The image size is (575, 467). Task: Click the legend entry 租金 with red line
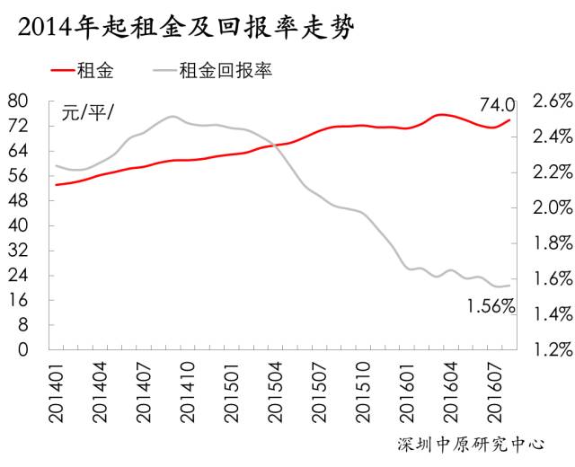click(93, 69)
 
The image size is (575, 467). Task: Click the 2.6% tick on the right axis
click(550, 100)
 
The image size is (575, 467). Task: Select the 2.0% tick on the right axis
click(550, 207)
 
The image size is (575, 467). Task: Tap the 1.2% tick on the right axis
click(550, 349)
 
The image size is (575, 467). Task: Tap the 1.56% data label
click(491, 306)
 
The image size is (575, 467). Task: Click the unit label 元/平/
click(88, 113)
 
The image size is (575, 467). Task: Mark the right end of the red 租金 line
click(510, 119)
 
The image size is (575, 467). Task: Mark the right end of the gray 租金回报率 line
click(510, 286)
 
